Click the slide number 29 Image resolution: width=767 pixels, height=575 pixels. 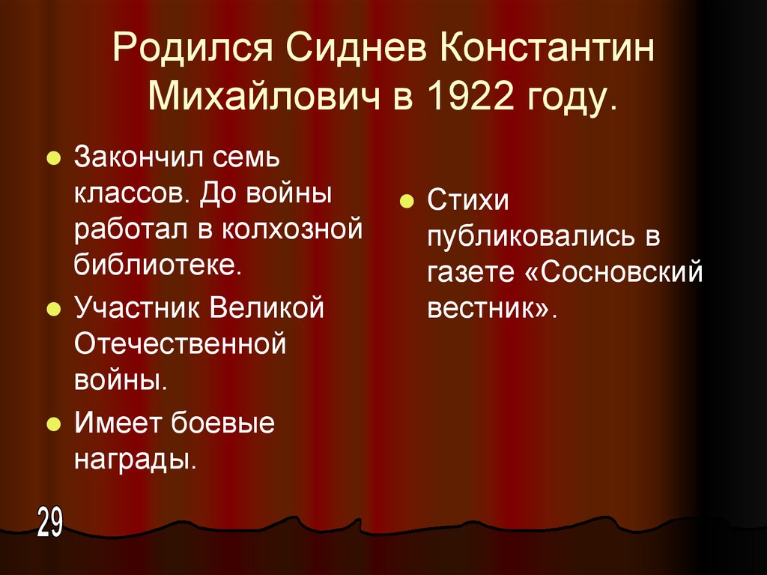coord(49,523)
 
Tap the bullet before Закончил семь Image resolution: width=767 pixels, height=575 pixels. coord(52,160)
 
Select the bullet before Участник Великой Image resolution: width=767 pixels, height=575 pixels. coord(52,309)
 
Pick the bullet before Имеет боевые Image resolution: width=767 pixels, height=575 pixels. coord(52,425)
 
